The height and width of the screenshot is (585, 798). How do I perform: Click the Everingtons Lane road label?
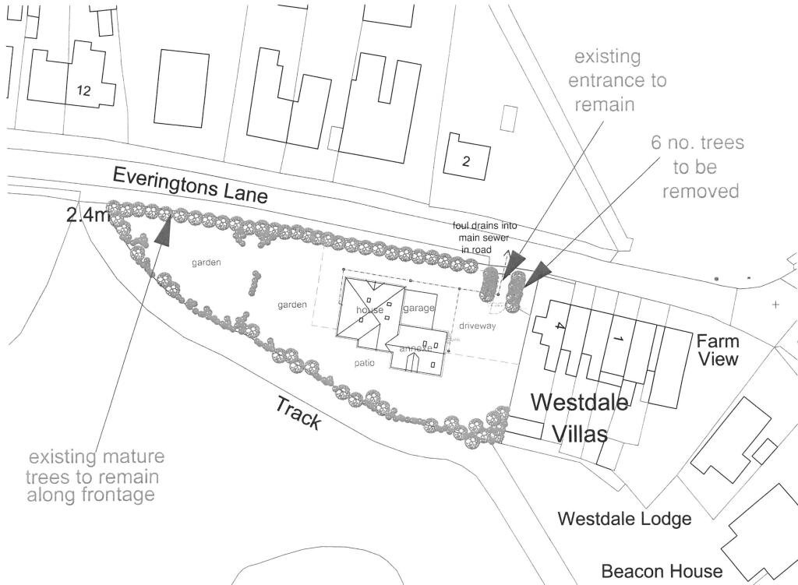click(x=190, y=185)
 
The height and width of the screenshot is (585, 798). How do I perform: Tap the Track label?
click(x=298, y=412)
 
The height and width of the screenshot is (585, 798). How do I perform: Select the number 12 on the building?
click(x=83, y=91)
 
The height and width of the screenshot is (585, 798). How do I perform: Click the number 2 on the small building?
click(x=466, y=162)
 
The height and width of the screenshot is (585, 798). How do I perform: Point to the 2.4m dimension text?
click(x=88, y=216)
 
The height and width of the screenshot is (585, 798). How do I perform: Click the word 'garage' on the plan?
click(x=418, y=308)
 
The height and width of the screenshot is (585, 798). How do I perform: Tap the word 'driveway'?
click(x=477, y=326)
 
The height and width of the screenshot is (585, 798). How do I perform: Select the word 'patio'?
click(x=363, y=363)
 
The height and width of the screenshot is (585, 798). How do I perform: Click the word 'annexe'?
click(x=415, y=349)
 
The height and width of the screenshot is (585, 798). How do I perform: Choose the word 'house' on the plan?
click(x=370, y=310)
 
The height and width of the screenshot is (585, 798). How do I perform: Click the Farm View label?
click(x=718, y=350)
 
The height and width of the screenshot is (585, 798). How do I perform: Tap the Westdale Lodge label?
click(x=626, y=519)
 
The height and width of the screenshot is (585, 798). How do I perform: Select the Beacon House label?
click(x=662, y=571)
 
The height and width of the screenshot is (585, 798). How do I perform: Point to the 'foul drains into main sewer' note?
click(x=485, y=237)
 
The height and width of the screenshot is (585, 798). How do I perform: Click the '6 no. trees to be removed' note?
click(x=697, y=167)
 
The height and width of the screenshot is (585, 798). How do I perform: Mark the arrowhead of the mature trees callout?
click(x=165, y=231)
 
